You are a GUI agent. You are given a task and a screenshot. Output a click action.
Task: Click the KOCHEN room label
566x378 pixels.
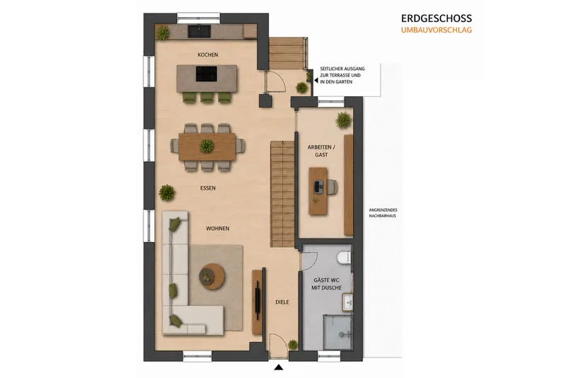click(x=207, y=55)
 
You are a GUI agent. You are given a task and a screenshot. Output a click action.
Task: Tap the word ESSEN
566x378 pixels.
click(x=208, y=188)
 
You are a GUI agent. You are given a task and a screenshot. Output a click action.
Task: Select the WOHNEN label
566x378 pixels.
click(x=218, y=229)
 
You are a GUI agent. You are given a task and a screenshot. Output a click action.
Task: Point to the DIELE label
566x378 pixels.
click(x=282, y=302)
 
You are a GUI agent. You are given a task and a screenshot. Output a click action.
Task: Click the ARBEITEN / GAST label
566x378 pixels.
click(x=321, y=151)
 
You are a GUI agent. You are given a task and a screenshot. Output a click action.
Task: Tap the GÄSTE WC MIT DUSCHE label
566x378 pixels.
click(x=326, y=284)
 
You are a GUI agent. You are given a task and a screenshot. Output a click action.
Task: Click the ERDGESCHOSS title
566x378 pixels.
click(x=437, y=18)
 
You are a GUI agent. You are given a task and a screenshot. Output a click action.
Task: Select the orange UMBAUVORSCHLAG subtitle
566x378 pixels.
click(x=437, y=30)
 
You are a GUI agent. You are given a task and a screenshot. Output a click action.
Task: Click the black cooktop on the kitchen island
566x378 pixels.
click(x=207, y=74)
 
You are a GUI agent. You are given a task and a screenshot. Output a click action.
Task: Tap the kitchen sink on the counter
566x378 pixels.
click(x=199, y=31)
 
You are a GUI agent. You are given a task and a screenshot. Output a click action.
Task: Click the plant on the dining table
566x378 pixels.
click(x=207, y=147)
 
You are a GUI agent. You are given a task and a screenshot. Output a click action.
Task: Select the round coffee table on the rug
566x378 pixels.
click(x=212, y=277)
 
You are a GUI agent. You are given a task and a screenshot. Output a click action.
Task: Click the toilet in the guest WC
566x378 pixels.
click(x=344, y=258)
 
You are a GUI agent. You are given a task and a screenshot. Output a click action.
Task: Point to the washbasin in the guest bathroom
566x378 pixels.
click(x=347, y=302)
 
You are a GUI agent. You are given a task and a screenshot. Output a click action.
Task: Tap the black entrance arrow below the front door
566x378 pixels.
click(x=278, y=367)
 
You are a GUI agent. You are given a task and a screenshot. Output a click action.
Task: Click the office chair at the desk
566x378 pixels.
click(x=333, y=187)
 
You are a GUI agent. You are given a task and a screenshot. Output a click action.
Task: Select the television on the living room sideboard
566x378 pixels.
click(x=258, y=300)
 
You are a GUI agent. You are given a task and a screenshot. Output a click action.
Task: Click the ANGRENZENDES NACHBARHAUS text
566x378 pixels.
click(x=383, y=213)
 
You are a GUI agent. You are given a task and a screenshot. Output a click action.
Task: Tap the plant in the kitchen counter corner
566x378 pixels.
click(x=163, y=33)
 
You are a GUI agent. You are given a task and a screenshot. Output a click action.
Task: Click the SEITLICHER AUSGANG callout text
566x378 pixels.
click(x=342, y=75)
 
